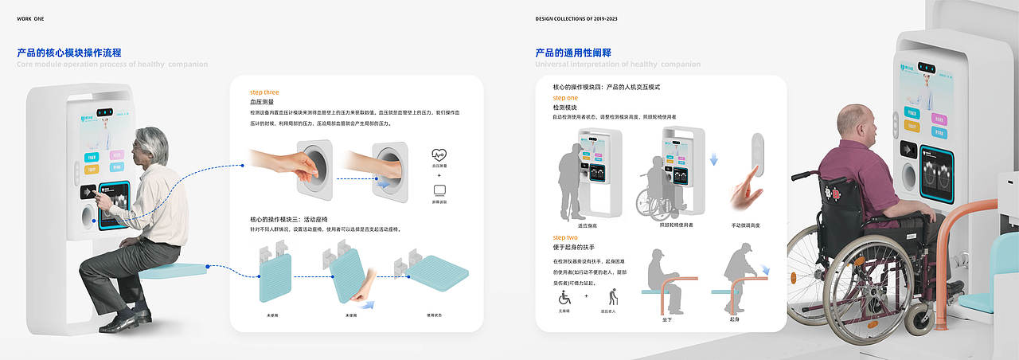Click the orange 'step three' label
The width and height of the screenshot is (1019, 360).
click(x=264, y=92)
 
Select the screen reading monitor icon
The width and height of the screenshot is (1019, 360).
click(x=439, y=190)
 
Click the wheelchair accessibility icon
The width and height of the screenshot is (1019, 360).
click(x=564, y=297)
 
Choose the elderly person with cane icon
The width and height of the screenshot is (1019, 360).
click(x=613, y=297)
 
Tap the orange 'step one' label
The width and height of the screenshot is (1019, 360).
click(x=565, y=98)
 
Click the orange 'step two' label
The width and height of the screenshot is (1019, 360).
click(x=565, y=237)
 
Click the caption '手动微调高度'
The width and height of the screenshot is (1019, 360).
click(x=745, y=225)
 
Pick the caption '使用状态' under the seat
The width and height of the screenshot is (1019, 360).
click(x=433, y=315)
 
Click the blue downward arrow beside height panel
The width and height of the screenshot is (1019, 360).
click(x=714, y=159)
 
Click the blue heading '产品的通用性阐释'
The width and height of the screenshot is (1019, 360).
click(x=573, y=53)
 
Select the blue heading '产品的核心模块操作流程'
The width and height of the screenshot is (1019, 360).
click(x=69, y=53)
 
